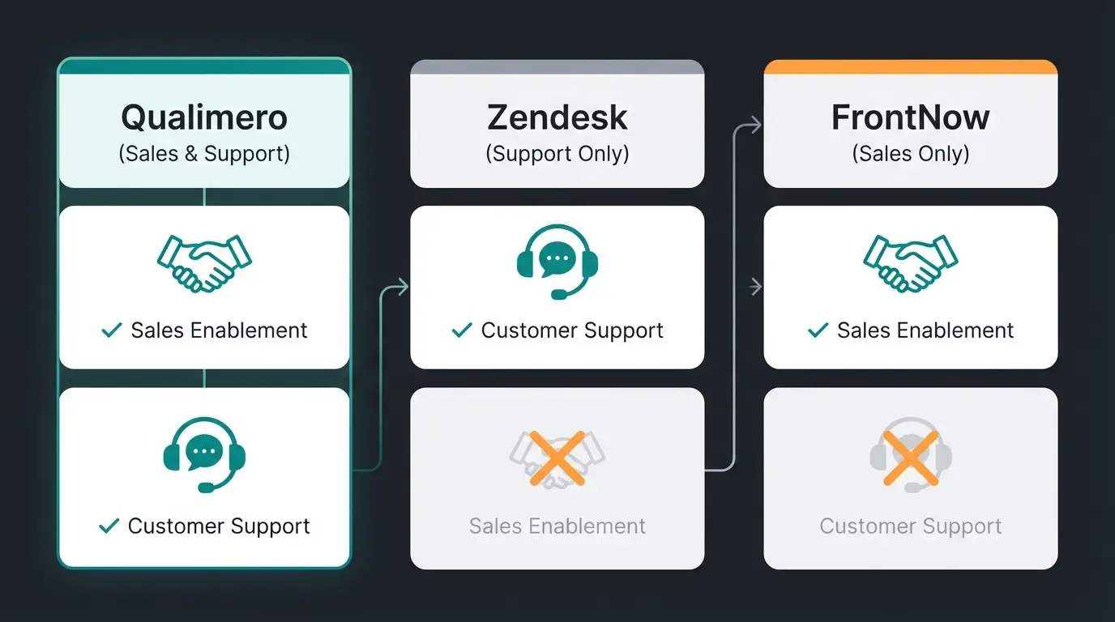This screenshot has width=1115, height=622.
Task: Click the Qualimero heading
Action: pyautogui.click(x=204, y=118)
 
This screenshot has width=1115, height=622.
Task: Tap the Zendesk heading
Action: pyautogui.click(x=557, y=118)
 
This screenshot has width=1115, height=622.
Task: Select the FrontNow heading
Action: pyautogui.click(x=911, y=118)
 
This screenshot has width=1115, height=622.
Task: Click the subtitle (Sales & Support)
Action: pyautogui.click(x=204, y=154)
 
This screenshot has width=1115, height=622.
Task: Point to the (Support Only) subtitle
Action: pyautogui.click(x=557, y=154)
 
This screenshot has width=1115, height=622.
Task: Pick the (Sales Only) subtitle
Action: pyautogui.click(x=911, y=154)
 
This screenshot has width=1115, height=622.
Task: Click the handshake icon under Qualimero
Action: pyautogui.click(x=204, y=262)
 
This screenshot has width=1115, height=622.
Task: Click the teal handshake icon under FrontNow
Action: pyautogui.click(x=911, y=262)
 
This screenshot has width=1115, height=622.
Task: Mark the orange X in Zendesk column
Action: pyautogui.click(x=557, y=458)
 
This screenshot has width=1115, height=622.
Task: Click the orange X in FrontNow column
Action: pyautogui.click(x=911, y=458)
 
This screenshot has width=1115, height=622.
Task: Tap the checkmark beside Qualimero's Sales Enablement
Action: pyautogui.click(x=111, y=330)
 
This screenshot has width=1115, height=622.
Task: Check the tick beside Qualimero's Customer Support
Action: pyautogui.click(x=109, y=526)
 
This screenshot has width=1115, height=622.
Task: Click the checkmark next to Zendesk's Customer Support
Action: pyautogui.click(x=462, y=330)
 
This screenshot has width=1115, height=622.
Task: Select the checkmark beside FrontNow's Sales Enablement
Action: pyautogui.click(x=818, y=330)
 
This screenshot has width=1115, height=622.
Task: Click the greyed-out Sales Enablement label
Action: pyautogui.click(x=557, y=526)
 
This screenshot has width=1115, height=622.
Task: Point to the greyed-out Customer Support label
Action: pyautogui.click(x=911, y=526)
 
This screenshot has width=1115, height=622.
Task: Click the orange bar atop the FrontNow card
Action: pyautogui.click(x=911, y=67)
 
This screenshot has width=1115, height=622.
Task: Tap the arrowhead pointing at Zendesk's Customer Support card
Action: pyautogui.click(x=403, y=286)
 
